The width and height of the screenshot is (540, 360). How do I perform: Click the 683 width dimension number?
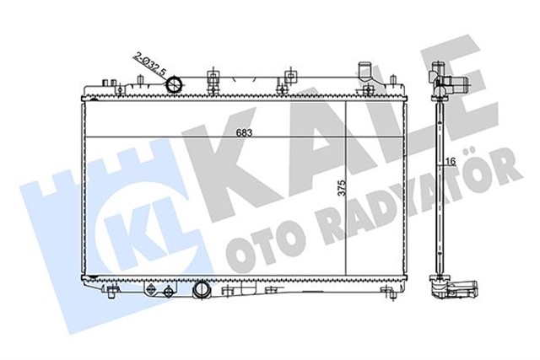(x=245, y=132)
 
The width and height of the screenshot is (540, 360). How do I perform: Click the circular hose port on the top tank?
(x=175, y=84)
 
